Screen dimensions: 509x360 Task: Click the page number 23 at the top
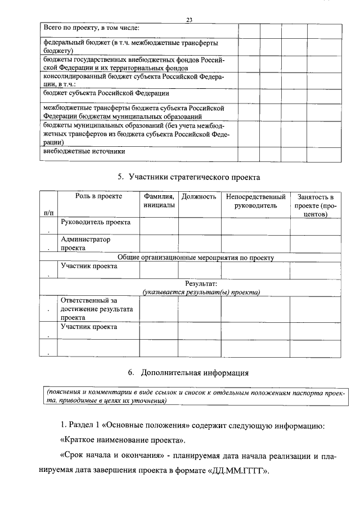(x=189, y=20)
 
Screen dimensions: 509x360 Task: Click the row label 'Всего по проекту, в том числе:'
(x=92, y=28)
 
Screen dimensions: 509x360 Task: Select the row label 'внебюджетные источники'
(x=84, y=151)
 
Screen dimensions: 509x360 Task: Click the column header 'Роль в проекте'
(x=98, y=196)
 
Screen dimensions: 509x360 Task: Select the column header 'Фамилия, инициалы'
(x=159, y=201)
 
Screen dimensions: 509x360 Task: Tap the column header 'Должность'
(x=199, y=196)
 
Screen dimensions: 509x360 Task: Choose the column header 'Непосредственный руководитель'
(x=255, y=201)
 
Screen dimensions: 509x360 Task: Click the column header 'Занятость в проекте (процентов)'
(x=316, y=205)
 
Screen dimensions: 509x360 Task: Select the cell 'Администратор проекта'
(x=85, y=243)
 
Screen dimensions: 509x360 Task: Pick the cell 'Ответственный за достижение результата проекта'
(x=96, y=309)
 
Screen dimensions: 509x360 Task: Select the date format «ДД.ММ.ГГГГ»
(x=235, y=471)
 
